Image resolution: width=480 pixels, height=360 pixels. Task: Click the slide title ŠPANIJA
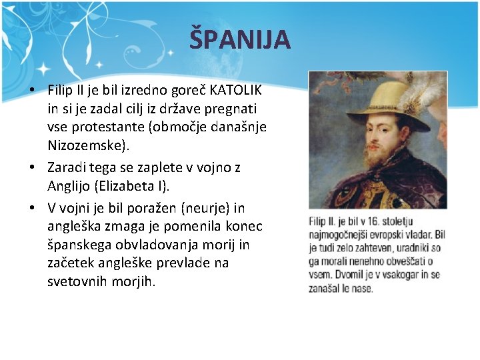point(240,39)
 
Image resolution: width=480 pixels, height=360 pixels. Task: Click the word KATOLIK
point(236,89)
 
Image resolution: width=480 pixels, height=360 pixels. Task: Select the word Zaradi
point(67,167)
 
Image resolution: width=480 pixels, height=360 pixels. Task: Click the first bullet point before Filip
point(33,90)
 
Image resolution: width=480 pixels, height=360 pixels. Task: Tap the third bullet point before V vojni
point(33,208)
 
